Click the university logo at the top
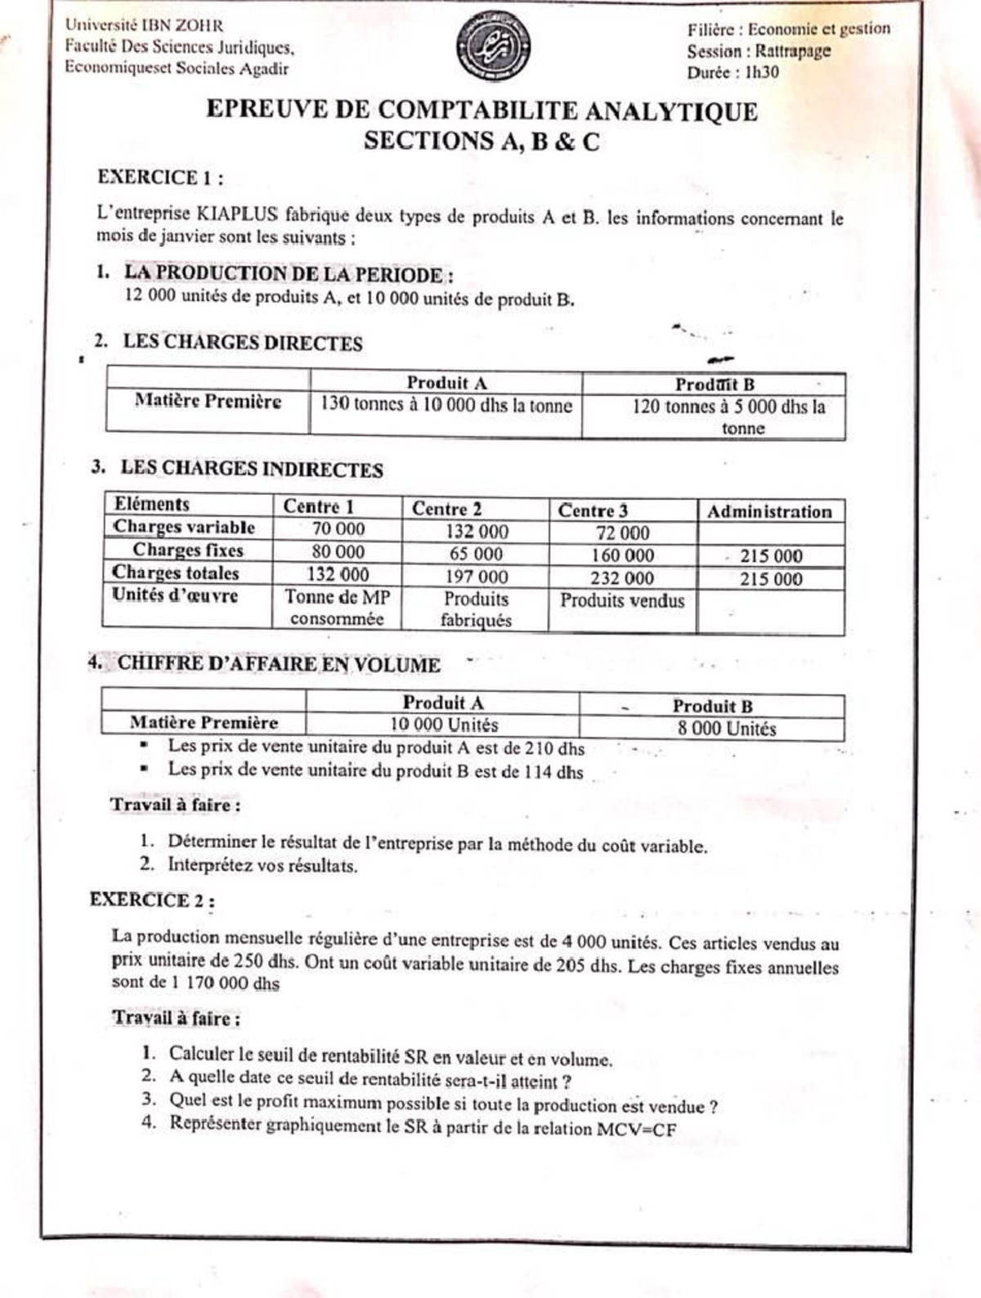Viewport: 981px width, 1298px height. [x=493, y=46]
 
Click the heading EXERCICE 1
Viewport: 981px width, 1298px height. [x=160, y=177]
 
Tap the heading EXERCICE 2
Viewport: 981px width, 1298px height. [x=152, y=901]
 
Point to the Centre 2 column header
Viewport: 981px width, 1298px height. [x=446, y=508]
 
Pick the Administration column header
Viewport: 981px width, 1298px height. [x=769, y=512]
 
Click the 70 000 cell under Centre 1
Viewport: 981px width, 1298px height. [x=338, y=529]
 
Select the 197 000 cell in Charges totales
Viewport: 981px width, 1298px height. [x=477, y=577]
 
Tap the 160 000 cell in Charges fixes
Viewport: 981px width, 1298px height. [x=622, y=555]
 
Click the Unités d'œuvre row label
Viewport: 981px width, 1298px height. [x=175, y=595]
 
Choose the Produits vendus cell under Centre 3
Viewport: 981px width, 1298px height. [x=622, y=600]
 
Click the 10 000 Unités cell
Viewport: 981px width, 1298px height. [x=443, y=725]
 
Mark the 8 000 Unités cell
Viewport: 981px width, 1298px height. [x=726, y=728]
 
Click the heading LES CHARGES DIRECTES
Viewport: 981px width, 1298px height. [x=242, y=343]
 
